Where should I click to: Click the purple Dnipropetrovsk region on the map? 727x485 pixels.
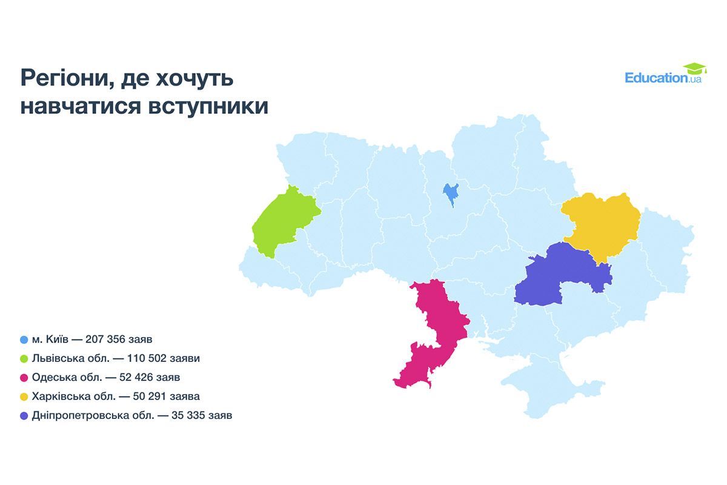(560, 276)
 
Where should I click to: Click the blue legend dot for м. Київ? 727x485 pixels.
(24, 339)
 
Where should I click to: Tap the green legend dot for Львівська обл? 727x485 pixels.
(24, 358)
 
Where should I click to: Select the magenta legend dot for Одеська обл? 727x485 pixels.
(24, 378)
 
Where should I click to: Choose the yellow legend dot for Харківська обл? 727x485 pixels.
(24, 396)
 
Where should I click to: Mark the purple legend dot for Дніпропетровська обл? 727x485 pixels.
(24, 416)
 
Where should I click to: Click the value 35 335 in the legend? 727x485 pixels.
(178, 416)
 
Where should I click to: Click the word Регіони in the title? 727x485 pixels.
(67, 79)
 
